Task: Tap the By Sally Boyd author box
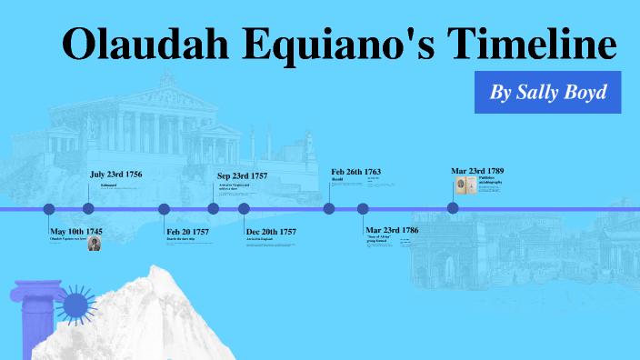pos(547,92)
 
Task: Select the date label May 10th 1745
pos(76,232)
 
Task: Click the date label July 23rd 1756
pos(115,174)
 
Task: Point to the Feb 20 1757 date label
pos(187,232)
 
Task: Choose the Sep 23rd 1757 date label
pos(242,175)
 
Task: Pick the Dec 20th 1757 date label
pos(271,232)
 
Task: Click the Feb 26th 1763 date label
pos(355,172)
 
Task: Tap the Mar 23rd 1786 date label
pos(392,231)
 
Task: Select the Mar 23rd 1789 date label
pos(477,171)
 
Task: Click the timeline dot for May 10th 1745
pos(49,209)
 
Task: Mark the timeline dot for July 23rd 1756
pos(88,209)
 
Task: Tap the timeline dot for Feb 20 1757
pos(165,209)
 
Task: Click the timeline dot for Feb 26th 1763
pos(329,209)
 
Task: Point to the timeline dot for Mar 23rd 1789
pos(453,208)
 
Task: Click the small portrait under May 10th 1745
pos(94,244)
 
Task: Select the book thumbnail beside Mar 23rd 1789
pos(465,185)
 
